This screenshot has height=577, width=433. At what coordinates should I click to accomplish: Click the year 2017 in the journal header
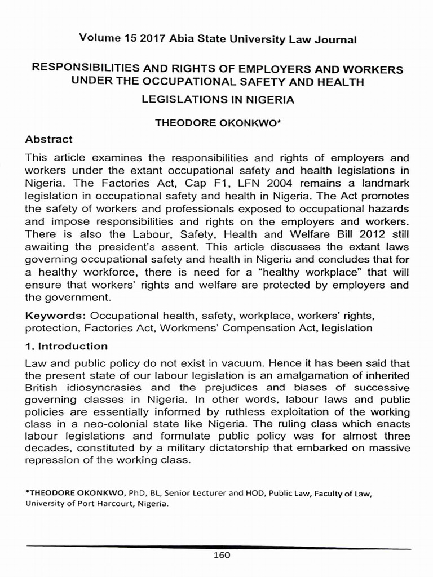tap(140, 39)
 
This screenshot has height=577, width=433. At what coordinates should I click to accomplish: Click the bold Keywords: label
tap(55, 315)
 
